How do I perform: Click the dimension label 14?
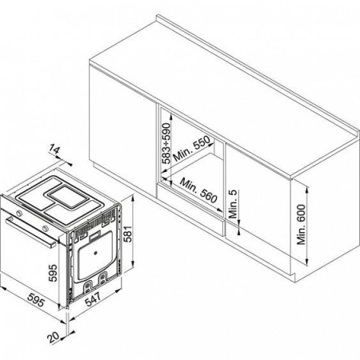click(x=55, y=150)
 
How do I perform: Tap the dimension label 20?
click(x=54, y=338)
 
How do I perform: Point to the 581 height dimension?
click(x=129, y=234)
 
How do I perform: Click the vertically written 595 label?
click(x=53, y=273)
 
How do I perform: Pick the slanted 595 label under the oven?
click(x=36, y=300)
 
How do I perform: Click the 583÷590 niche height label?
click(x=166, y=143)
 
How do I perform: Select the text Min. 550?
click(x=192, y=148)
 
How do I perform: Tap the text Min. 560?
click(x=198, y=190)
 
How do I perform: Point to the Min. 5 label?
click(x=233, y=204)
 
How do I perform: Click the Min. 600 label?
click(x=302, y=225)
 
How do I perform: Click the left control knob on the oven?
click(x=18, y=213)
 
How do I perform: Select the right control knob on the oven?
click(x=45, y=228)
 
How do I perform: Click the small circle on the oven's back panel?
click(x=95, y=253)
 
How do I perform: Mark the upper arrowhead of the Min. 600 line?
click(x=307, y=190)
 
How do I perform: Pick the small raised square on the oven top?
click(x=67, y=197)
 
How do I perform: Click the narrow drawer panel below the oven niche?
click(x=190, y=209)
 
